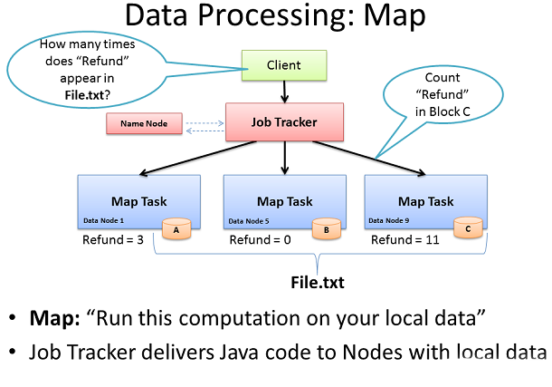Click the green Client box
point(284,65)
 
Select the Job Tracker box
point(284,122)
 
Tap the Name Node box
point(145,123)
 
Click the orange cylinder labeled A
point(176,229)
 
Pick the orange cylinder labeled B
point(327,229)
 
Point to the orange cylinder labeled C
point(468,227)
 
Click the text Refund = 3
point(113,239)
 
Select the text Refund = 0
point(260,239)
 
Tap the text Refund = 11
point(405,239)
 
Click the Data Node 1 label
point(103,220)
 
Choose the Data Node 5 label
point(249,221)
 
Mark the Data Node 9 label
point(388,220)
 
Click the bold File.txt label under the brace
point(318,283)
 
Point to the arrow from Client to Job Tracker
point(284,92)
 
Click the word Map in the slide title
point(395,16)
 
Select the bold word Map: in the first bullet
point(55,318)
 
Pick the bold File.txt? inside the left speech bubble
point(87,95)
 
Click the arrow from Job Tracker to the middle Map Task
point(285,158)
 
